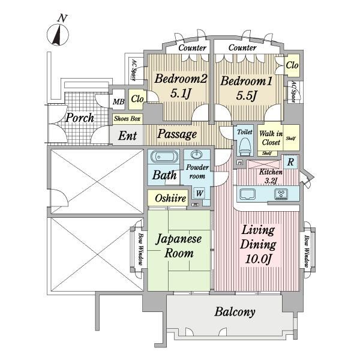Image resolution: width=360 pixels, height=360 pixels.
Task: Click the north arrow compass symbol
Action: (x=58, y=34)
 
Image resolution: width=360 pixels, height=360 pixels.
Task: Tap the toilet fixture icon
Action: (x=244, y=147)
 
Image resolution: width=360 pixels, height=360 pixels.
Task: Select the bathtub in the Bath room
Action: (x=164, y=157)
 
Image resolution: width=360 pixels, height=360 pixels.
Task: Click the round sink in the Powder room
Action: (x=197, y=154)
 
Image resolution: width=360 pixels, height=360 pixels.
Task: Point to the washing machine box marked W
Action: (x=199, y=193)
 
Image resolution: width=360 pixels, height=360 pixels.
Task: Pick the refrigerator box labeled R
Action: (x=290, y=162)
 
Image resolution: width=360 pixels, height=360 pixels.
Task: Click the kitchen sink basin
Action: (x=247, y=194)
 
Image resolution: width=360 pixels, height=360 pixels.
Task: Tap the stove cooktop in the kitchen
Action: (x=281, y=194)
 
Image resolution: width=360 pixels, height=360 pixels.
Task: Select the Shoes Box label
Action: (x=127, y=119)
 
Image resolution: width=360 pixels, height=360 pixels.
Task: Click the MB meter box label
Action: (x=118, y=101)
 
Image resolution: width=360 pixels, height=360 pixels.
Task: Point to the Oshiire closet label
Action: (x=170, y=198)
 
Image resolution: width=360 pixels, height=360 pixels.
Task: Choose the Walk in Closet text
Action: (x=271, y=138)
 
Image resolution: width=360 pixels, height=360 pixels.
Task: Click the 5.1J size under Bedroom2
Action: (x=181, y=94)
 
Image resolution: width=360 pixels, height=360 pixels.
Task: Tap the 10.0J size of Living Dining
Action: (x=259, y=259)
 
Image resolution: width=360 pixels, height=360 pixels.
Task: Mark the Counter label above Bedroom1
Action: (x=242, y=47)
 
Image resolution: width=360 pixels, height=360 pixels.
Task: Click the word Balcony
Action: (x=235, y=312)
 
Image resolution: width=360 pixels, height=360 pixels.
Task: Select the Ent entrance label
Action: (x=127, y=136)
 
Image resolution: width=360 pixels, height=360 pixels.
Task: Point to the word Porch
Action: (x=80, y=118)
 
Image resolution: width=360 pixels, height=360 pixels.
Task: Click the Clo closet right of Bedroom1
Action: (x=292, y=65)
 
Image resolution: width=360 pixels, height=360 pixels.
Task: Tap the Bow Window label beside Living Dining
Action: (x=306, y=251)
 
